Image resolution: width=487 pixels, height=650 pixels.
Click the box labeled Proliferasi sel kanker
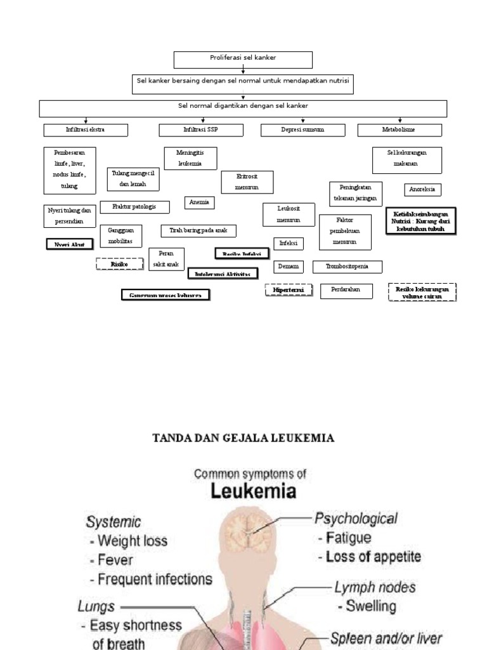point(243,60)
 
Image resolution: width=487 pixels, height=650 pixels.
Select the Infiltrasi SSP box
point(200,130)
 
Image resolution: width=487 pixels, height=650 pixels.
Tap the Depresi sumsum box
point(302,130)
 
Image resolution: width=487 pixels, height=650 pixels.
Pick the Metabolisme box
point(399,130)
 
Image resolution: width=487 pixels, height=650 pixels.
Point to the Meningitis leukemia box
point(190,158)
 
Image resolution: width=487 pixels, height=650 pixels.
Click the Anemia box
point(200,202)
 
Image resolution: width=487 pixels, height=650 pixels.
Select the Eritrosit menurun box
point(247,182)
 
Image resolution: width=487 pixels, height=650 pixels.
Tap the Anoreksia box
point(423,190)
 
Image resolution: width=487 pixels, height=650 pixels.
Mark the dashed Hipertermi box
point(289,291)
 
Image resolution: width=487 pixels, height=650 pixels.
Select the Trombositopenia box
point(347,267)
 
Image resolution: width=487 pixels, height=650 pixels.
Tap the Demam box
point(289,267)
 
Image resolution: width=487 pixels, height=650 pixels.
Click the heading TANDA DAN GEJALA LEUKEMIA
point(244,438)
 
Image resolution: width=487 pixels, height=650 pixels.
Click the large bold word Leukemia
point(243,493)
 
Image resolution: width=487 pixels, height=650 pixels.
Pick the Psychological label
point(356,519)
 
